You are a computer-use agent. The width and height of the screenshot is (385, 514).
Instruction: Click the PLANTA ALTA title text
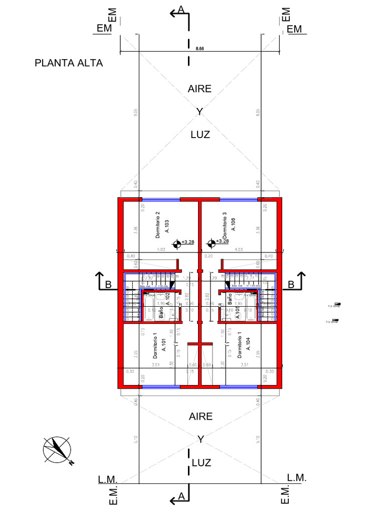coord(69,63)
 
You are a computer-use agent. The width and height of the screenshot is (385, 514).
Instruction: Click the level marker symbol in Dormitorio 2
coord(176,244)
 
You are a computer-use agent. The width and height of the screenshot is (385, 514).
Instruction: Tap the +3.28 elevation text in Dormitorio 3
coord(223,241)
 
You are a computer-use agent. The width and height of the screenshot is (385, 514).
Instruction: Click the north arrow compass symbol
coord(57,449)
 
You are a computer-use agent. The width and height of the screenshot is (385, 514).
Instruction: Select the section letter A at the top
coord(181,10)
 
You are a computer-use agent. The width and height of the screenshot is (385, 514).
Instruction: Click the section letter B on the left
coord(108,285)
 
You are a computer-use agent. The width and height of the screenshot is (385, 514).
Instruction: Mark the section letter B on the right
coord(291,285)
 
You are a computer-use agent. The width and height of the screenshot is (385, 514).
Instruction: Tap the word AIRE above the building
coord(200,89)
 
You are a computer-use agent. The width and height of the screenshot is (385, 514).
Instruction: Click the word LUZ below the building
coord(201,462)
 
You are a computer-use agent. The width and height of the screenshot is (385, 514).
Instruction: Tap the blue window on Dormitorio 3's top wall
coord(239,199)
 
